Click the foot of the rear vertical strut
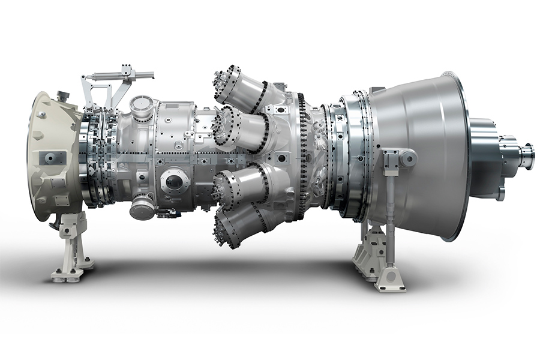coord(390,277)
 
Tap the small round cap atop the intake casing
coord(63,96)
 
